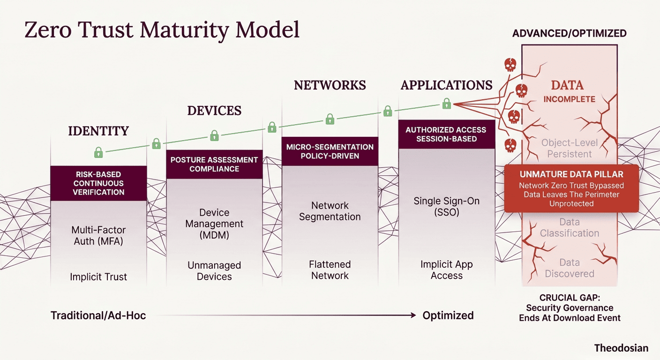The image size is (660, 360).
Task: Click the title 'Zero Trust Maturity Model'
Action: point(162,29)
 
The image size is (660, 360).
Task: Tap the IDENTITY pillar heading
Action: point(98,131)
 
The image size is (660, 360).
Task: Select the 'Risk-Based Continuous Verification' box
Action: point(98,183)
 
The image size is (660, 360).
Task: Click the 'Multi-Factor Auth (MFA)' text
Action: point(98,236)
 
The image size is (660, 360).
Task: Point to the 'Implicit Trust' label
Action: point(98,277)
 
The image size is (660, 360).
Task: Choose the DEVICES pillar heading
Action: point(214,111)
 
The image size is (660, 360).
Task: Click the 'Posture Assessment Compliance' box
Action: point(214,164)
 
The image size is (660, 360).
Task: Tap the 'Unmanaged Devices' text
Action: point(214,271)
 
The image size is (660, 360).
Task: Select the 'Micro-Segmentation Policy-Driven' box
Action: point(330,151)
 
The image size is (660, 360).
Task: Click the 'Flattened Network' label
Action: point(330,270)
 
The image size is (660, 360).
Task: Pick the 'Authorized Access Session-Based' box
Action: point(446,134)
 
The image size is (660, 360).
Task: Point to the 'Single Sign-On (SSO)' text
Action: point(446,207)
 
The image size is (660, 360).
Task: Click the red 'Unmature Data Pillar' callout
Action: point(571,188)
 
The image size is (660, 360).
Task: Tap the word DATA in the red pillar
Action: point(567,85)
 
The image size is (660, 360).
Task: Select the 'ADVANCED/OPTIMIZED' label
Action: point(569,33)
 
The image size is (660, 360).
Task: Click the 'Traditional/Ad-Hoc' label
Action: point(98,315)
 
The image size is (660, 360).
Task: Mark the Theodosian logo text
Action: point(621,348)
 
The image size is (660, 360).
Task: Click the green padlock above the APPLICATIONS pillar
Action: point(446,104)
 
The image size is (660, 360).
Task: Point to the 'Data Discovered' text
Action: point(569,268)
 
